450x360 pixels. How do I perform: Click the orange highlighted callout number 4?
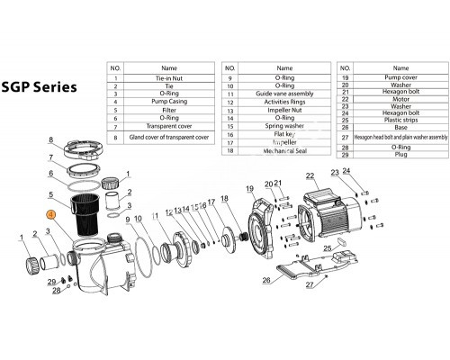(50, 215)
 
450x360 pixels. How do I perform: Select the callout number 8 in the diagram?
(51, 140)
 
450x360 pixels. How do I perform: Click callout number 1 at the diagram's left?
(21, 238)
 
